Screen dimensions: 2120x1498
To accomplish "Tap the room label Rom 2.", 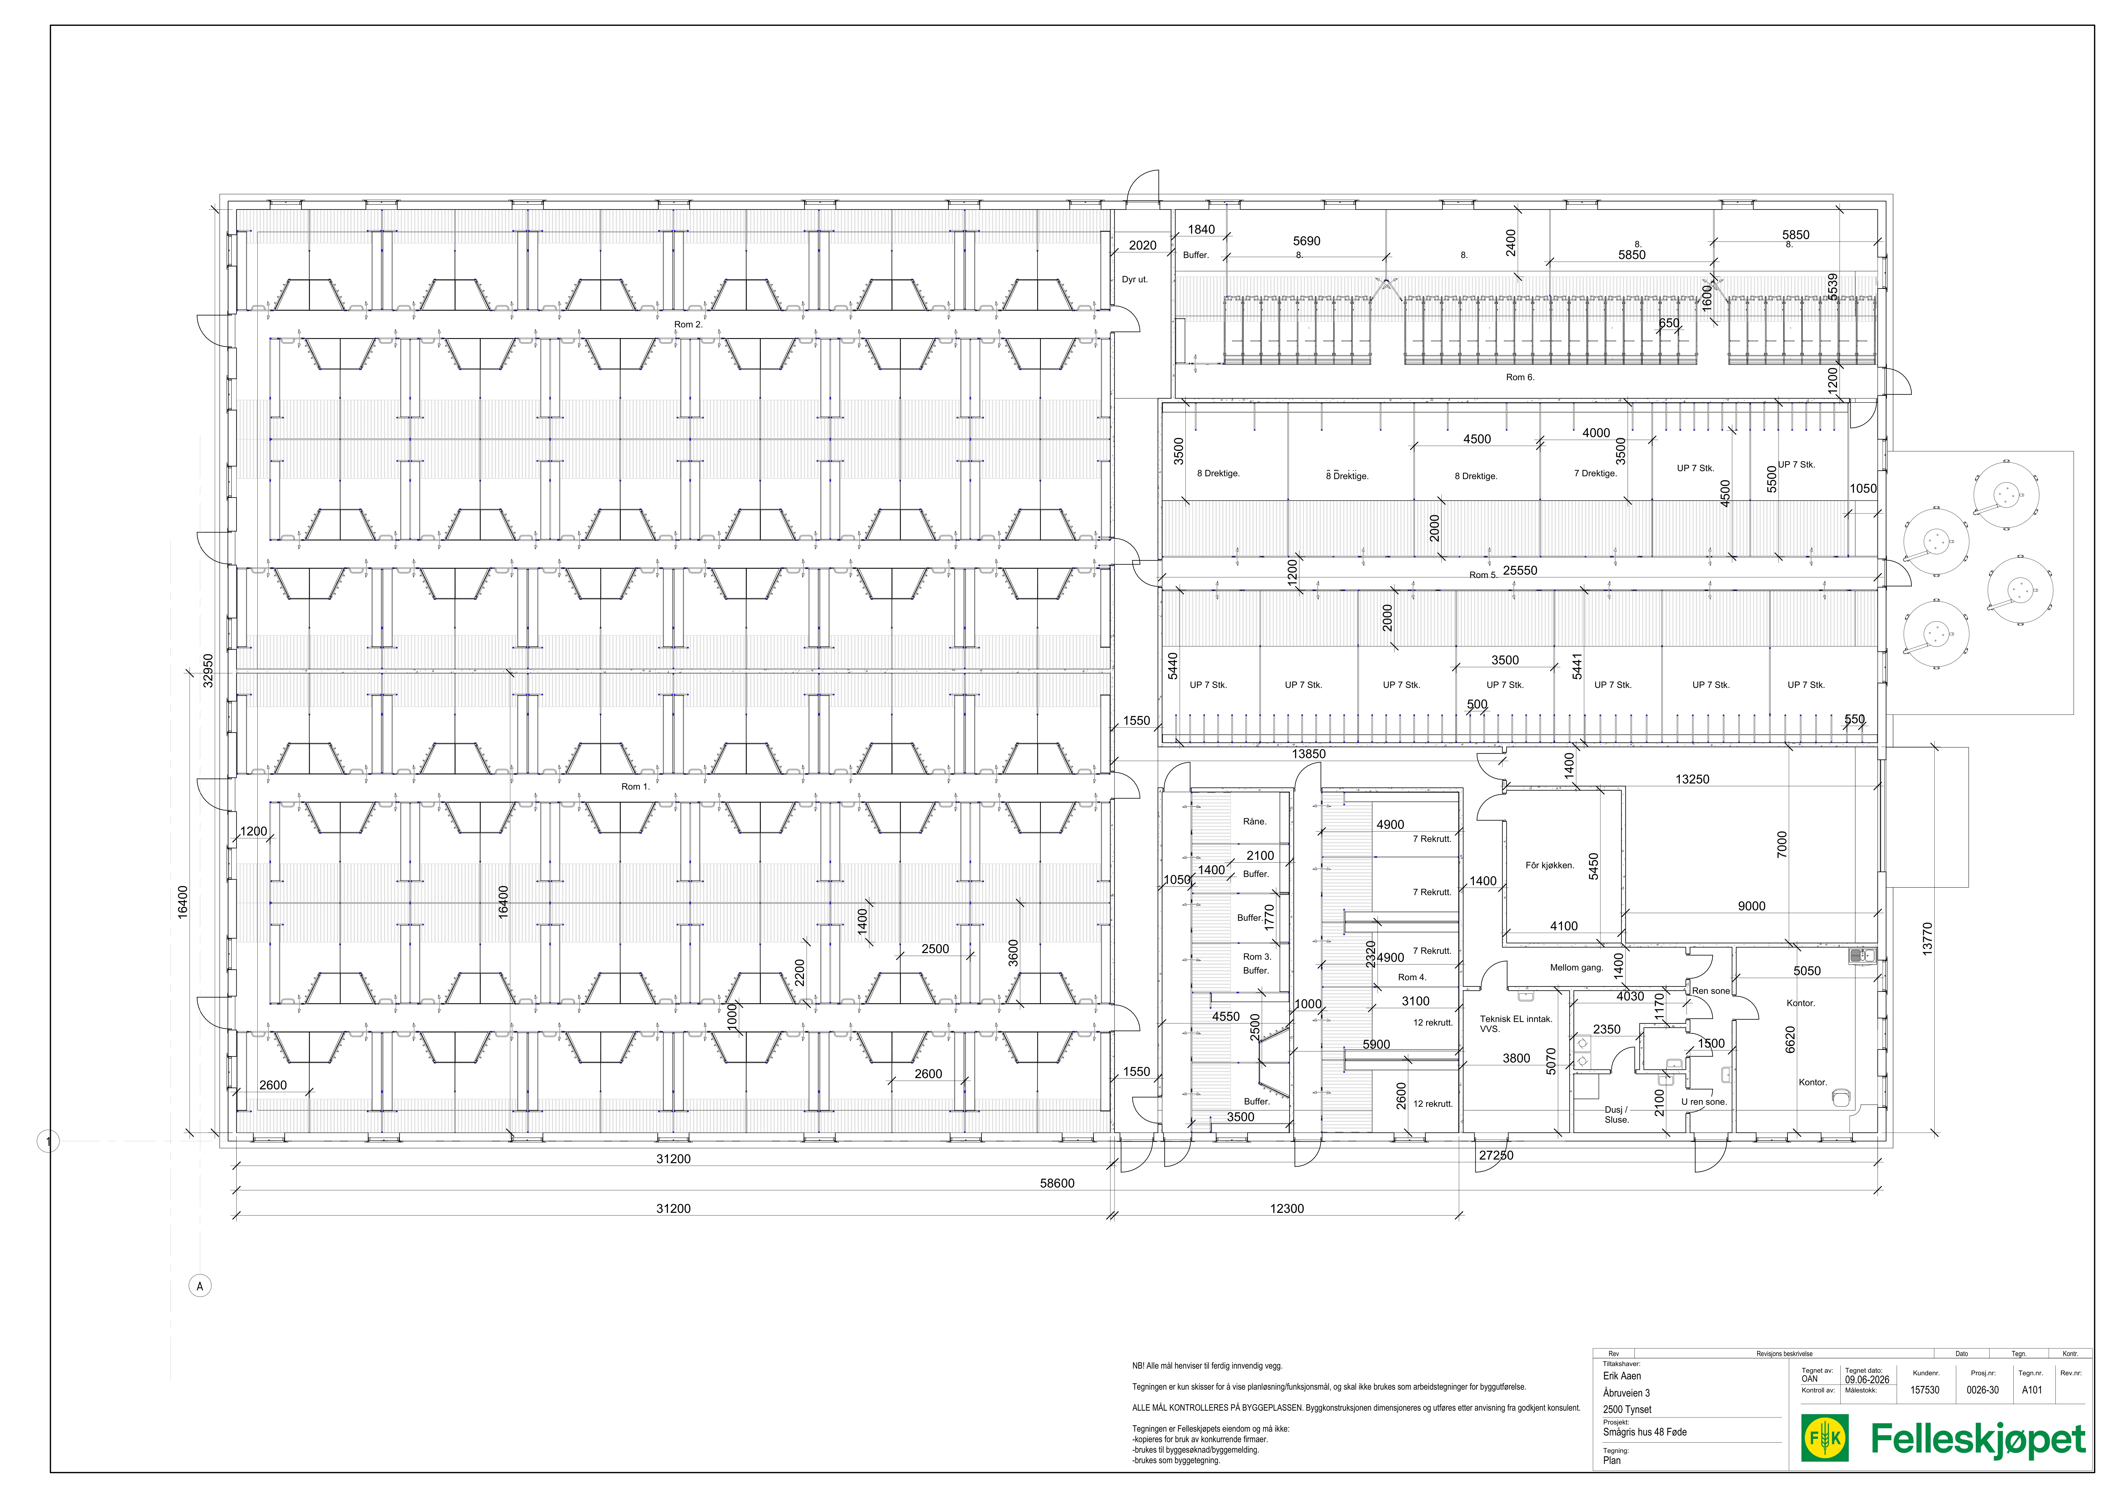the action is (x=688, y=324).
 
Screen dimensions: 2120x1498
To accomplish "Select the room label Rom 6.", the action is (x=1520, y=377).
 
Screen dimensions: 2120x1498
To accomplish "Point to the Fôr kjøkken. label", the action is (x=1549, y=865).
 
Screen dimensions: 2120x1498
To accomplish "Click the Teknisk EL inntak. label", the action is (x=1516, y=1019).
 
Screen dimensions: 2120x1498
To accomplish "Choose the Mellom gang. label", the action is (x=1576, y=968).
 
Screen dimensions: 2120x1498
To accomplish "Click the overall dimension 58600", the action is (x=1057, y=1183).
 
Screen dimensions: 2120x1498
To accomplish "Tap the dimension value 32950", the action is (x=208, y=670).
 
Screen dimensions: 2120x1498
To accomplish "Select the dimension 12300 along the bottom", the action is (x=1287, y=1208).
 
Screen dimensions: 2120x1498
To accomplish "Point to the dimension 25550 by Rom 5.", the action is (x=1520, y=570).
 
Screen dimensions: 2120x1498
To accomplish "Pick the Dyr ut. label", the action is (x=1135, y=279).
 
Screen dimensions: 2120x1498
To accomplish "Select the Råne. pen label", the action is (x=1255, y=821).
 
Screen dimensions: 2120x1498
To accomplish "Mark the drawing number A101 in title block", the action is (x=2032, y=1390).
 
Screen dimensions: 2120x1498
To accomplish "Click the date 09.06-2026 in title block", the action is (x=1867, y=1380).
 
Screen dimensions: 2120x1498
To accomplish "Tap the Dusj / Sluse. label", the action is (x=1617, y=1115).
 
